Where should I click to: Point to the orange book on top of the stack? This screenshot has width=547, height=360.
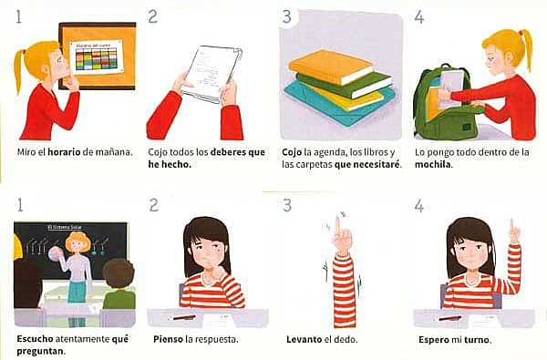tap(329, 64)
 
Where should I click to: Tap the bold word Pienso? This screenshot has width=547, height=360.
tap(165, 340)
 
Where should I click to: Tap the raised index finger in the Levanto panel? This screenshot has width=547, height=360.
tap(337, 223)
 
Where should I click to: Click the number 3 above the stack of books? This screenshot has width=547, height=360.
tap(287, 17)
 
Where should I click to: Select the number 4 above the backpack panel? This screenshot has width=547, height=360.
tap(418, 17)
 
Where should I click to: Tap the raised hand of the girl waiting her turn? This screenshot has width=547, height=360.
tap(514, 231)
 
